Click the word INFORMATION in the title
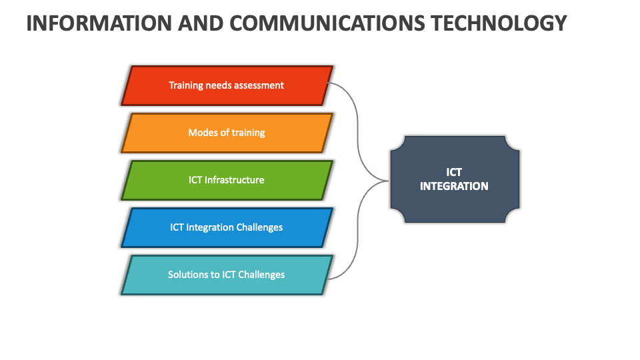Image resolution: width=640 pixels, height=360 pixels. [99, 23]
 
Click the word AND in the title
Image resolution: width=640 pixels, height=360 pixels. [201, 23]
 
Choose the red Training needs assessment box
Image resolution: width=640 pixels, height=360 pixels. [227, 86]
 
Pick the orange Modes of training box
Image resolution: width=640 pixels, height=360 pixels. [227, 133]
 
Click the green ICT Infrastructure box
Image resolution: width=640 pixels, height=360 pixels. [227, 181]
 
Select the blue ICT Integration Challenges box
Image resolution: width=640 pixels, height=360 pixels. [227, 228]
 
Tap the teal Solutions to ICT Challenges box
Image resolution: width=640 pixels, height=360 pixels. [227, 275]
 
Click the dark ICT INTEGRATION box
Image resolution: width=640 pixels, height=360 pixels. [455, 179]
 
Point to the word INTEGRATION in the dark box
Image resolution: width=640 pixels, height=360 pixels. [454, 187]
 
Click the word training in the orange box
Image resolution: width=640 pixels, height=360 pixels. [249, 133]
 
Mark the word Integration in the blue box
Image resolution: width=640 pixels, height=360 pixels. [210, 228]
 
